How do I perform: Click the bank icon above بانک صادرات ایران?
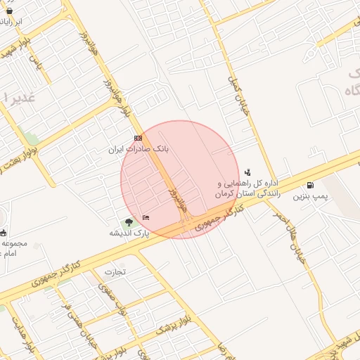(138, 139)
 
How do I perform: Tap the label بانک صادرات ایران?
(139, 150)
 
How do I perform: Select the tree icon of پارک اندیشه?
(128, 223)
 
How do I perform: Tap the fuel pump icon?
(311, 186)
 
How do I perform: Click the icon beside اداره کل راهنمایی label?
(247, 172)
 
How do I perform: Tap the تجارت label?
(115, 271)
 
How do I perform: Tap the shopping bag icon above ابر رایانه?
(9, 11)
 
